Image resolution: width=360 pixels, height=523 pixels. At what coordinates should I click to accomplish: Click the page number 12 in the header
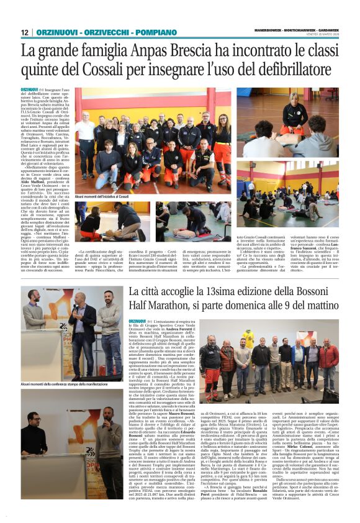pyautogui.click(x=25, y=32)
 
